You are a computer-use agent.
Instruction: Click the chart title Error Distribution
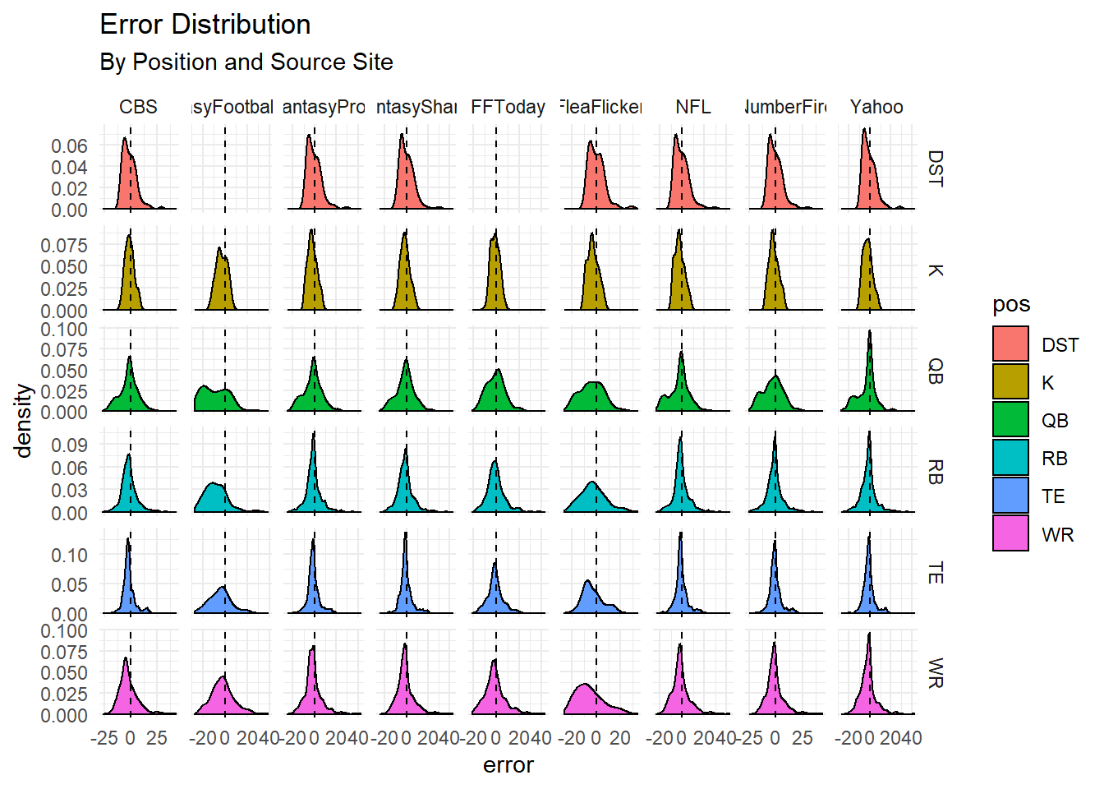205,25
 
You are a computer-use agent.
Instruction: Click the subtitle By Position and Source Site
246,62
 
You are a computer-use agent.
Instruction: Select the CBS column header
138,107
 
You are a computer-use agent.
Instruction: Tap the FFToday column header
508,107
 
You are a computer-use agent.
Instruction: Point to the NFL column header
692,107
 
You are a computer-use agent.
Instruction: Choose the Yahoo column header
876,107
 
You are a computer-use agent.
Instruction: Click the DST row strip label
935,168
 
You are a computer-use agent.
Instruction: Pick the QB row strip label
935,371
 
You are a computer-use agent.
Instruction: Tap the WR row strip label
935,672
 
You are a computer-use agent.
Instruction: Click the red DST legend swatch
1010,344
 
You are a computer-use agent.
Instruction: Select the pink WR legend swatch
1010,533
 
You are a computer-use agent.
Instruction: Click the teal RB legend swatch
1010,458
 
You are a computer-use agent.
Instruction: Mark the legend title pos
1010,305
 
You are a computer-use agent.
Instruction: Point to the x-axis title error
508,765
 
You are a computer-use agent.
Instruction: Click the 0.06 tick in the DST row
69,146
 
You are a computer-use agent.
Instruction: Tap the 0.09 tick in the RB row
69,445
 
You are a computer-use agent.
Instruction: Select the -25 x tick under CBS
103,738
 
